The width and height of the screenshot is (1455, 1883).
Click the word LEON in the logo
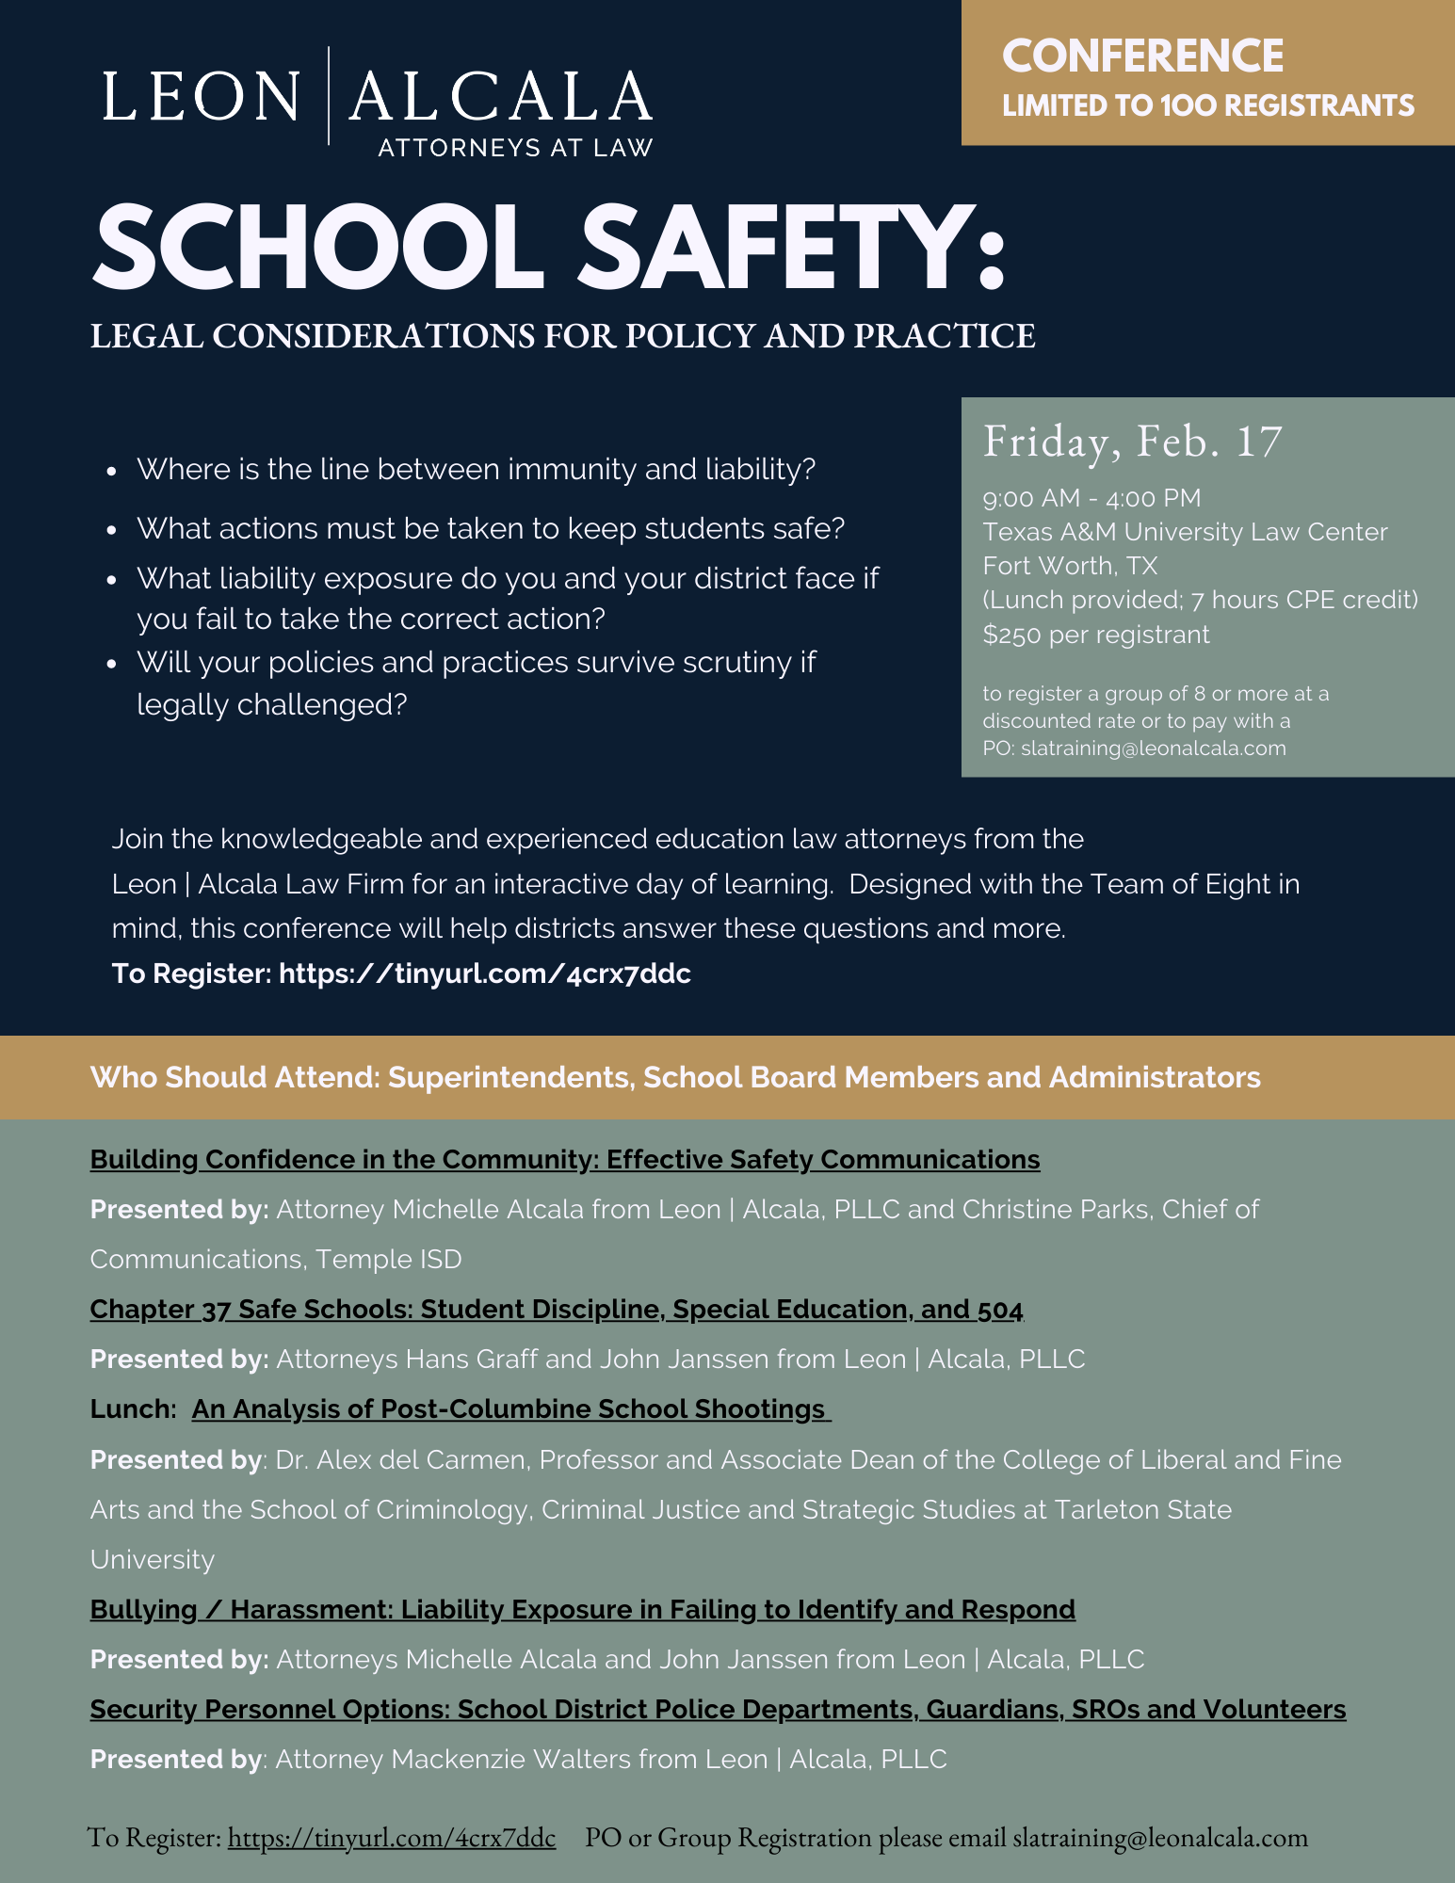tap(201, 96)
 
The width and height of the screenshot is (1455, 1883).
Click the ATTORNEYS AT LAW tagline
tap(515, 148)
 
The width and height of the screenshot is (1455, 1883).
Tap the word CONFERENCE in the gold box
tap(1142, 56)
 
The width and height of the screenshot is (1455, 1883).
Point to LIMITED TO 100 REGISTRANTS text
tap(1207, 105)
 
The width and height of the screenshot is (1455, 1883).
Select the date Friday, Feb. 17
tap(1132, 442)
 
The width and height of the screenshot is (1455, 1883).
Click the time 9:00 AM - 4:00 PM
tap(1091, 498)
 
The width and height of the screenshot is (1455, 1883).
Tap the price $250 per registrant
tap(1095, 635)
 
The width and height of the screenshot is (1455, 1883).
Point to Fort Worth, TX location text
tap(1070, 566)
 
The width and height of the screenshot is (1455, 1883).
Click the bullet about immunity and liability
tap(476, 469)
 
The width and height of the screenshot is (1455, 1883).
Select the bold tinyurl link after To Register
tap(485, 974)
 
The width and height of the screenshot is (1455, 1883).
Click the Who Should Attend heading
tap(674, 1077)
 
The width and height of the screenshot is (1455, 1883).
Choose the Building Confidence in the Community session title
tap(565, 1159)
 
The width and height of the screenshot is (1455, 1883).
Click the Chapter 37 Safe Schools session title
tap(557, 1310)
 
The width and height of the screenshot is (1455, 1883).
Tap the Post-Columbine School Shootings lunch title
tap(511, 1409)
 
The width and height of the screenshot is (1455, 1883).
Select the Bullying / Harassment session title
tap(582, 1610)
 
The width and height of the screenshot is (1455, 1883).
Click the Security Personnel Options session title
tap(718, 1710)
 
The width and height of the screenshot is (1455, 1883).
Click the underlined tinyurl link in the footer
tap(392, 1838)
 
